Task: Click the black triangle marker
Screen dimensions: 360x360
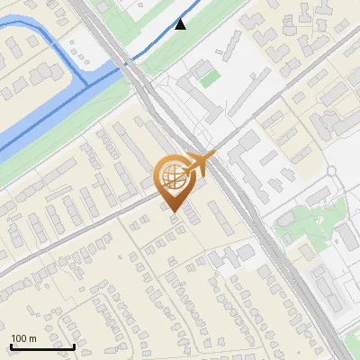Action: click(181, 24)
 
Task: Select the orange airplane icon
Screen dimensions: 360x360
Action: click(202, 162)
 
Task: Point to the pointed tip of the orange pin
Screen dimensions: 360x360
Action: click(172, 212)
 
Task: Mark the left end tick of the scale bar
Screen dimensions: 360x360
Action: click(11, 346)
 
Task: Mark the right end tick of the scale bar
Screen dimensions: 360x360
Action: click(74, 346)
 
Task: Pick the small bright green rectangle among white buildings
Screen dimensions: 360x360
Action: click(209, 79)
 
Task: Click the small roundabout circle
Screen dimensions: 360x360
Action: click(333, 170)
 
